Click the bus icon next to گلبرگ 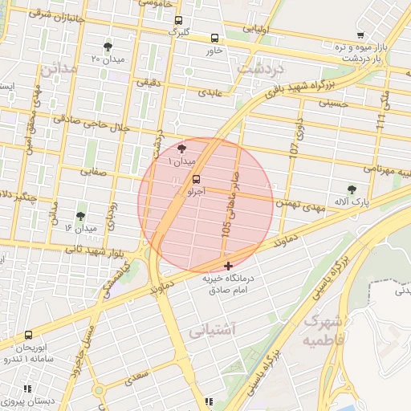pyautogui.click(x=177, y=22)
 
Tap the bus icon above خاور pyautogui.click(x=214, y=38)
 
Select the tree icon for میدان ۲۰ pyautogui.click(x=108, y=47)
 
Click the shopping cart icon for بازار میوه pyautogui.click(x=360, y=35)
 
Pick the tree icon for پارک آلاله pyautogui.click(x=352, y=189)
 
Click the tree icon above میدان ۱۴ pyautogui.click(x=80, y=216)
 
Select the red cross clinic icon pyautogui.click(x=229, y=265)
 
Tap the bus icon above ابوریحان pyautogui.click(x=29, y=335)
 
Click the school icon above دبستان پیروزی pyautogui.click(x=27, y=388)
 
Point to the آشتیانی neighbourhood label pyautogui.click(x=214, y=330)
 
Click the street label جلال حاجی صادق pyautogui.click(x=91, y=123)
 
